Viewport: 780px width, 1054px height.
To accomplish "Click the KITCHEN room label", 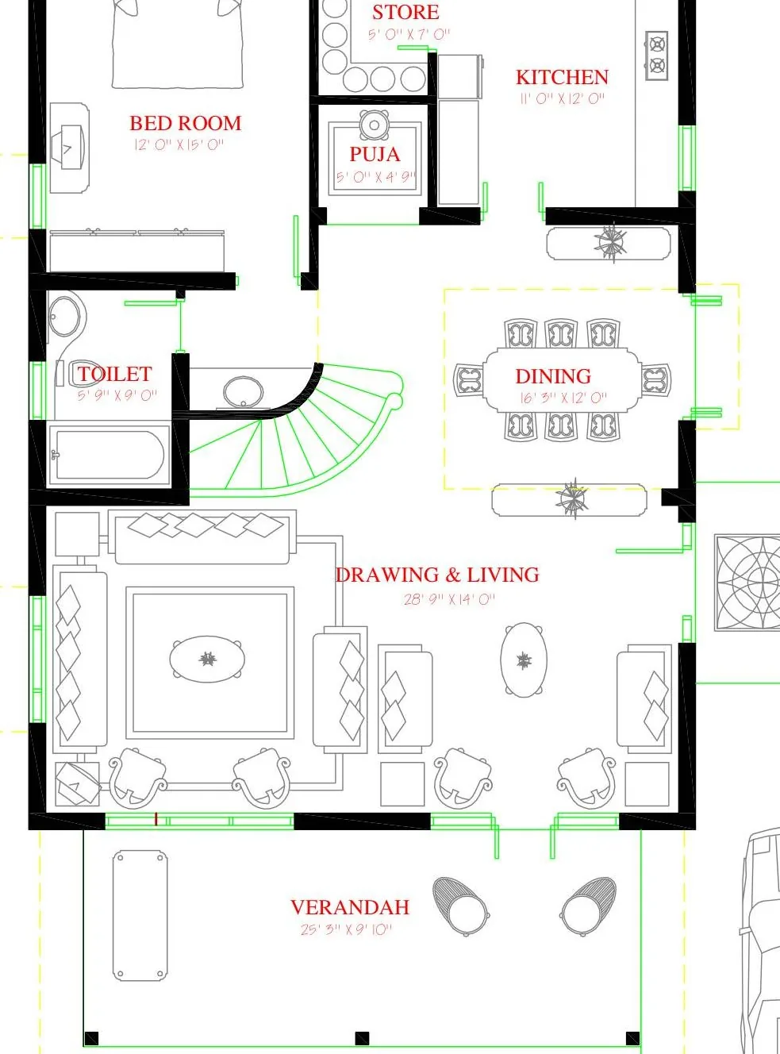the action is click(x=562, y=77).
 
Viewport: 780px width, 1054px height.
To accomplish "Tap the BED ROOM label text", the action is click(x=186, y=123).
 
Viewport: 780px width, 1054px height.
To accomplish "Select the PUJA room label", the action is click(x=375, y=154).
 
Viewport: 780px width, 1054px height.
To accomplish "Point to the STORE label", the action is click(x=405, y=13).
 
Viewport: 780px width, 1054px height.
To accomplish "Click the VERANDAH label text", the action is click(x=350, y=907).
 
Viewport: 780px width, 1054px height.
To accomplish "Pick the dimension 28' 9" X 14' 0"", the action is click(x=449, y=599).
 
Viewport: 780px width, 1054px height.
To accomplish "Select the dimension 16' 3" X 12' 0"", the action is click(x=563, y=398).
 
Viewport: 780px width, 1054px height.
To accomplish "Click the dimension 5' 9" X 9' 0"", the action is click(x=117, y=395).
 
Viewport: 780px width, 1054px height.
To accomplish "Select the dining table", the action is click(x=563, y=380).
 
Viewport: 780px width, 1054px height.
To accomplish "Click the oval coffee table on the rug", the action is click(x=207, y=659).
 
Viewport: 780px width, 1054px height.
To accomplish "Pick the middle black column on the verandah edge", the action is click(x=362, y=1038).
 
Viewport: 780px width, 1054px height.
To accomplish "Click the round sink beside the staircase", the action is click(x=243, y=392).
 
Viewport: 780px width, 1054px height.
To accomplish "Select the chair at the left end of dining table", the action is click(x=469, y=379).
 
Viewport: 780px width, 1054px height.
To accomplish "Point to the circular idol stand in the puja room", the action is click(x=374, y=125).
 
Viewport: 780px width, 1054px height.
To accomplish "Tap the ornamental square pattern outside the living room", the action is click(x=747, y=583).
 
